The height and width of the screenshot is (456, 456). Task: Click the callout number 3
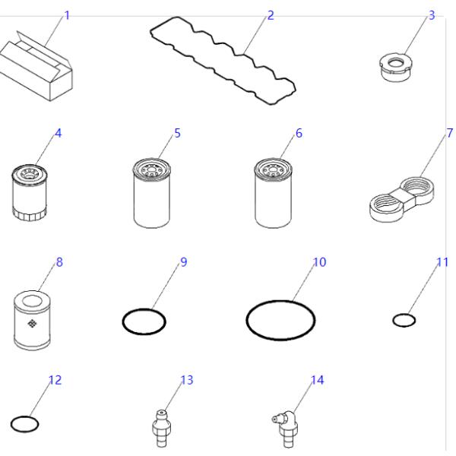point(432,15)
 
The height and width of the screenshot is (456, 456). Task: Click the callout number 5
point(177,133)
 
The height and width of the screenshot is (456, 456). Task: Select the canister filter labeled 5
point(154,190)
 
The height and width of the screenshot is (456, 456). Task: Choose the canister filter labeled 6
point(274,190)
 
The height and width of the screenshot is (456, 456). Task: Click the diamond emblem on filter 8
point(32,325)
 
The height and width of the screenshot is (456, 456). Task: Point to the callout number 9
point(182,262)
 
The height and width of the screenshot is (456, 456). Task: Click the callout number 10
point(319,261)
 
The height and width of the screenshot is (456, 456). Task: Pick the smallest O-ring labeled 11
point(404,320)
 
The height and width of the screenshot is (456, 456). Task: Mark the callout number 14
point(318,379)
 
